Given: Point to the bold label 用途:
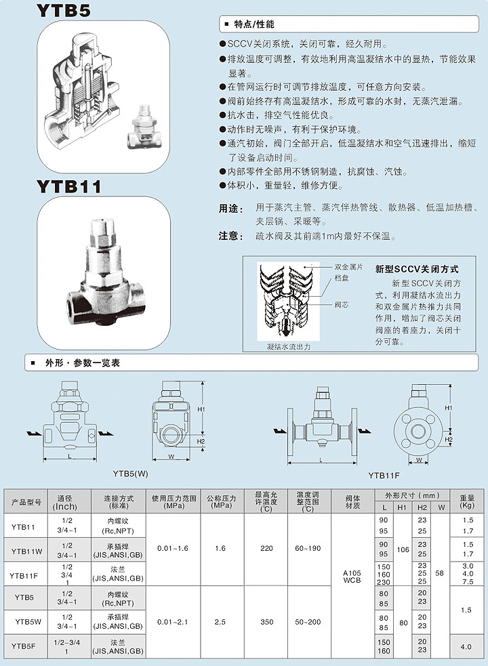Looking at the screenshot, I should point(230,209).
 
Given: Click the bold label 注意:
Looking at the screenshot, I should point(230,236).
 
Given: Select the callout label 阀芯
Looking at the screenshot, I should point(342,305).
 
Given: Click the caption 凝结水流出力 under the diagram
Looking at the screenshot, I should point(288,346).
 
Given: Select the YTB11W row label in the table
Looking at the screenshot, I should point(27,549).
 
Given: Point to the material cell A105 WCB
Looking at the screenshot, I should point(352,576).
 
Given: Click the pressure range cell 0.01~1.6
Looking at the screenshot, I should point(173,548).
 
